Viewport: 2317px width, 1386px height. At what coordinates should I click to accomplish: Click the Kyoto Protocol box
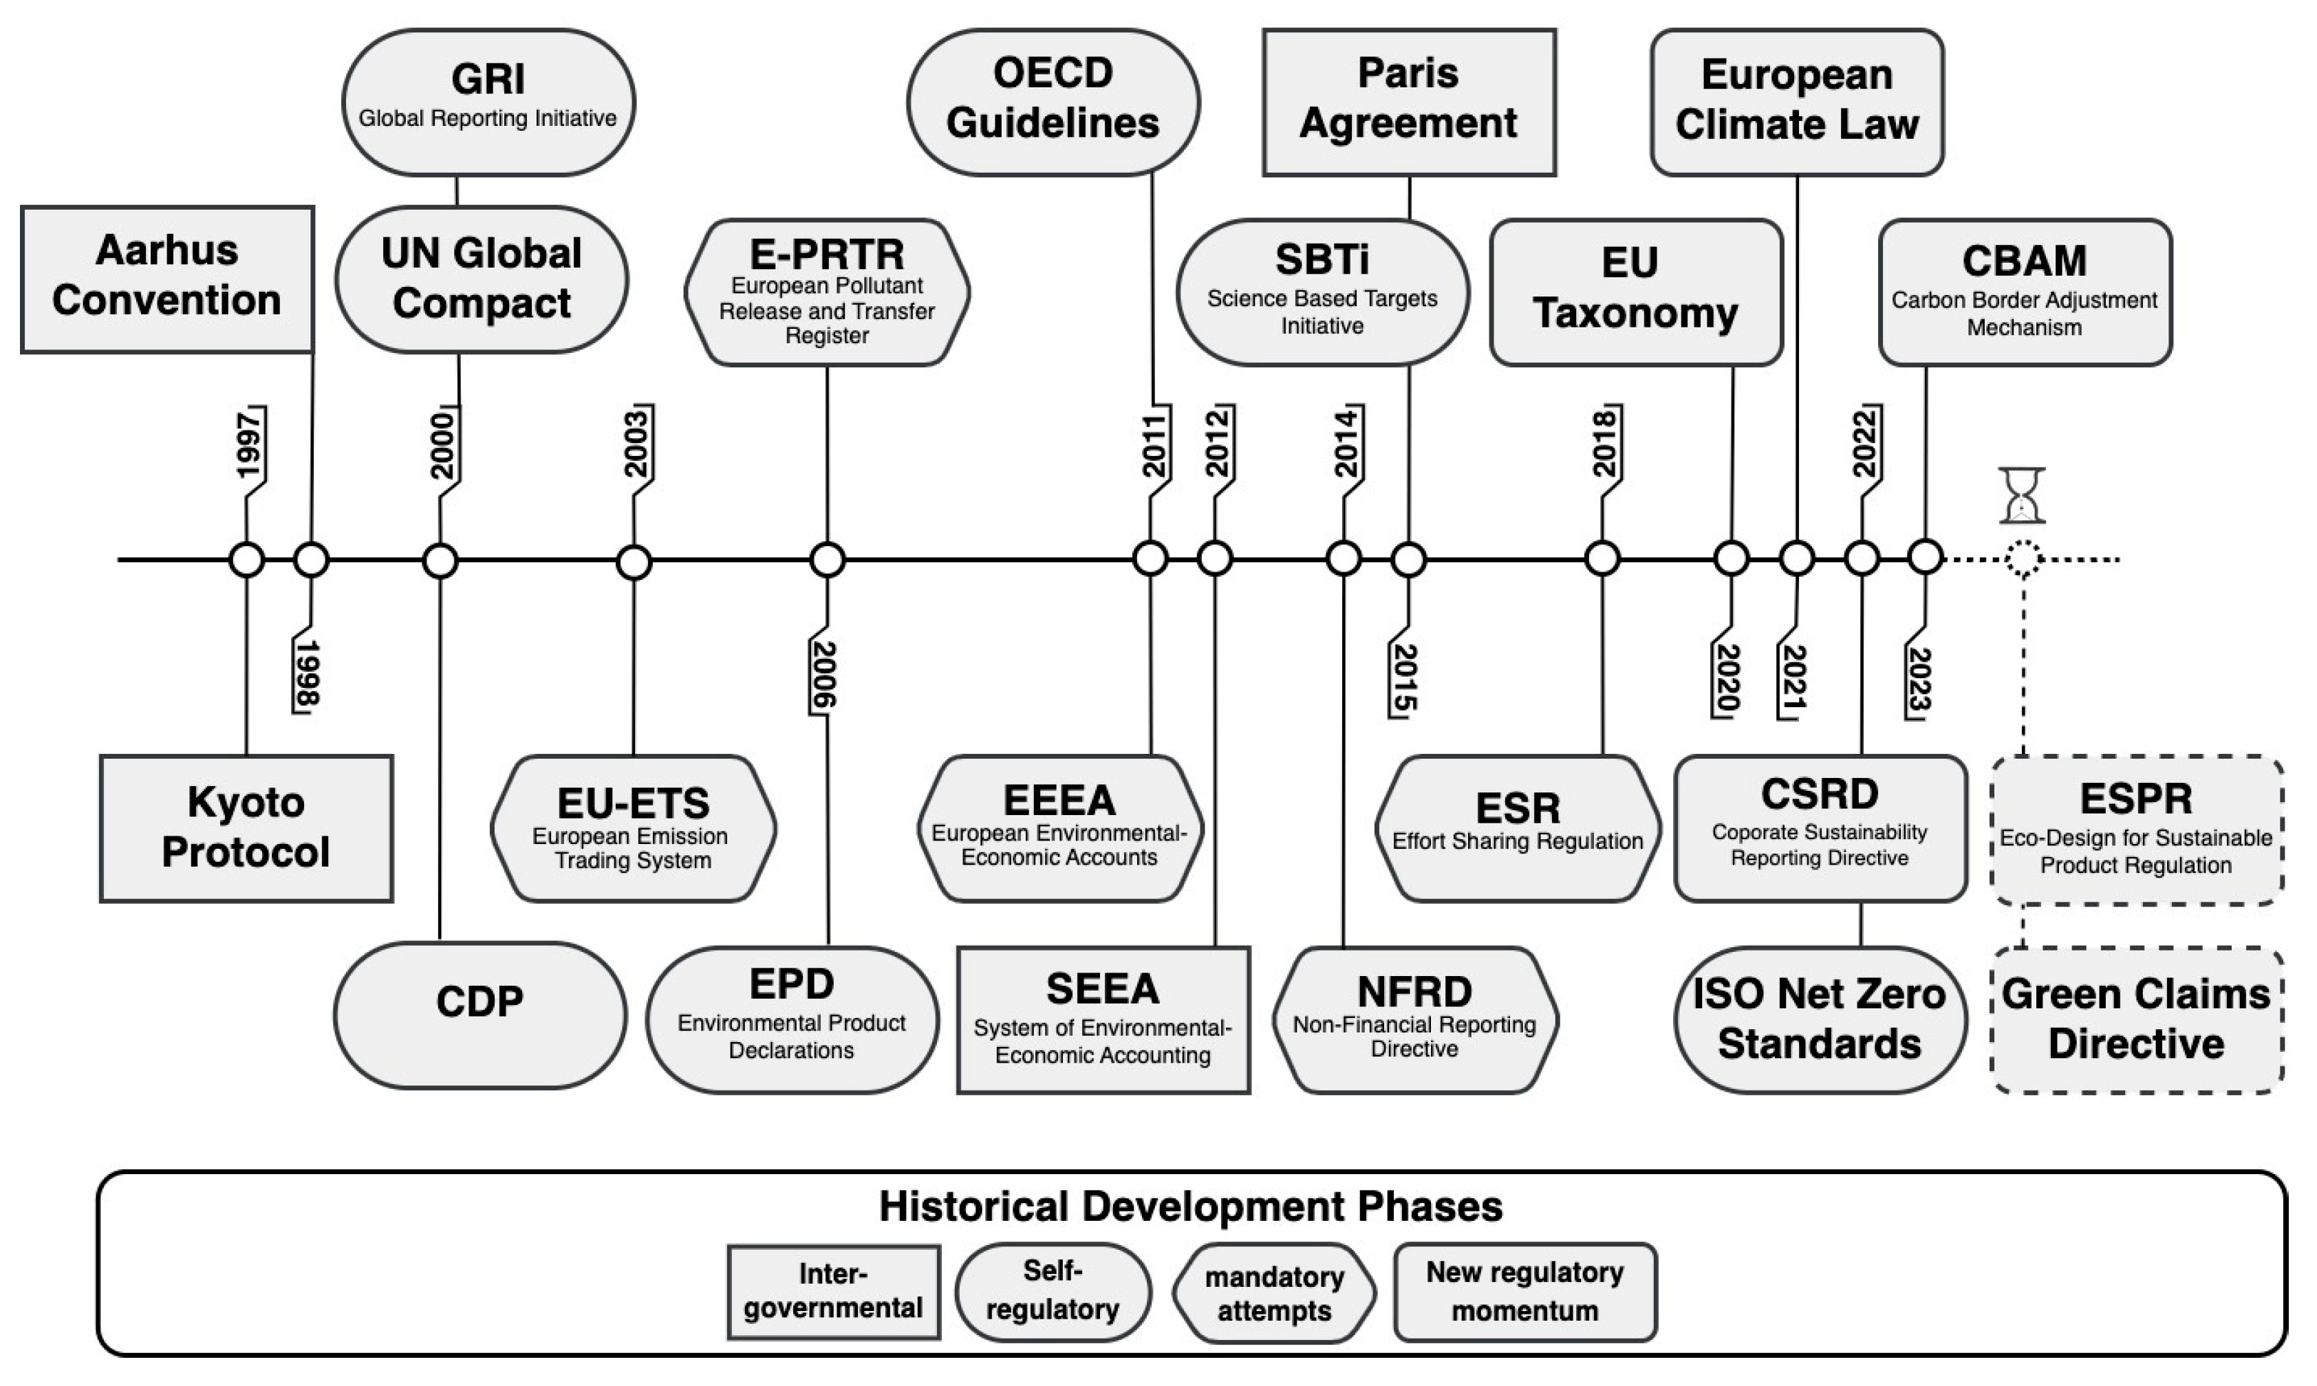pyautogui.click(x=246, y=828)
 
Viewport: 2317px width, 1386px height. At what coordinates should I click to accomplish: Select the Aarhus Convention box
pyautogui.click(x=167, y=279)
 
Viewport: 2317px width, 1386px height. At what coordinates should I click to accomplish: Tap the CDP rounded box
pyautogui.click(x=480, y=1015)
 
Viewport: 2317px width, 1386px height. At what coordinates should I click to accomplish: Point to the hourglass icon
pyautogui.click(x=2022, y=495)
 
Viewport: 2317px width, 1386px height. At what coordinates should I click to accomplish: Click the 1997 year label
pyautogui.click(x=249, y=444)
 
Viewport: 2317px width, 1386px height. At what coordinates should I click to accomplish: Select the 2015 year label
pyautogui.click(x=1403, y=679)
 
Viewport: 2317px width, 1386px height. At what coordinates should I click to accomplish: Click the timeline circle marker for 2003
pyautogui.click(x=634, y=562)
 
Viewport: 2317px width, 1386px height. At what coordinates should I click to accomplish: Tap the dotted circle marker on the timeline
pyautogui.click(x=2023, y=559)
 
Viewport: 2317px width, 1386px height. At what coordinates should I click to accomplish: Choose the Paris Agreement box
pyautogui.click(x=1408, y=102)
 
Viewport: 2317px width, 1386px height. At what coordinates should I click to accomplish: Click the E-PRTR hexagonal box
pyautogui.click(x=828, y=292)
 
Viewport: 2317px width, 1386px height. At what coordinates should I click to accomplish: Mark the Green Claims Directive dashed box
pyautogui.click(x=2137, y=1020)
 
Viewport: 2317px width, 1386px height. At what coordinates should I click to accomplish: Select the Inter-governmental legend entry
pyautogui.click(x=833, y=1292)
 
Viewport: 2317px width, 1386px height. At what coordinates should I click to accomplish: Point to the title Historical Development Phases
pyautogui.click(x=1191, y=1206)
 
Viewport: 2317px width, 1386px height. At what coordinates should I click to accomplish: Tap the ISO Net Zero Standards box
pyautogui.click(x=1819, y=1019)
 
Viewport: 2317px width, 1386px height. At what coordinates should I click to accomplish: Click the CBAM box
pyautogui.click(x=2025, y=292)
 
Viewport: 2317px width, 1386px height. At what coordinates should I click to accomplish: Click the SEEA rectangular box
pyautogui.click(x=1103, y=1020)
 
